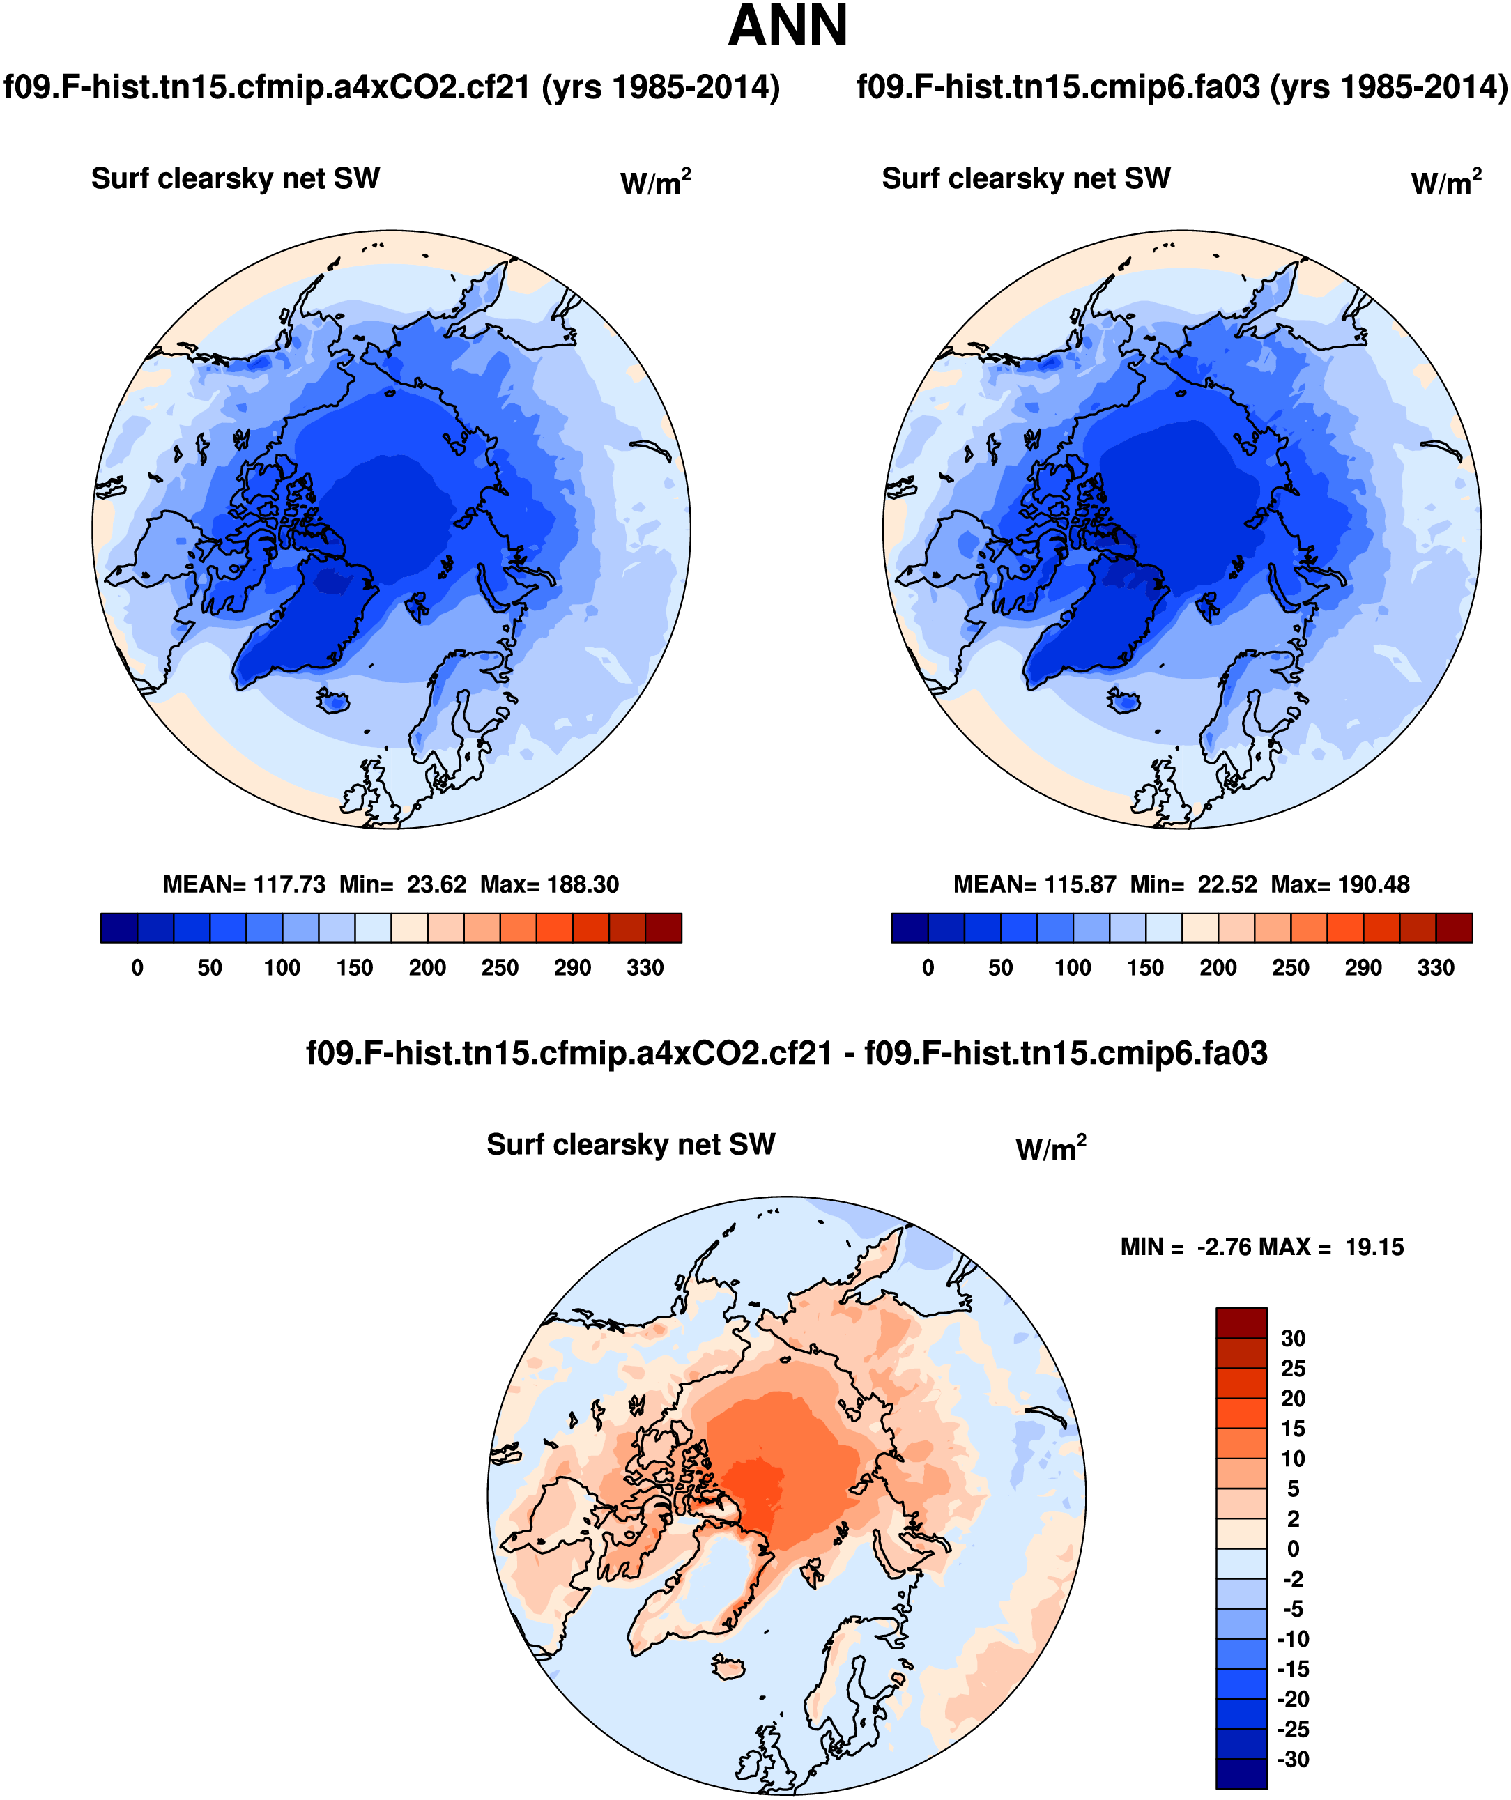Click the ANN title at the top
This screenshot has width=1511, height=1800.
tap(787, 26)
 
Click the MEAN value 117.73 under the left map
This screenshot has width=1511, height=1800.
tap(291, 884)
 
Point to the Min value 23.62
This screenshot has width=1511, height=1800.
tap(436, 884)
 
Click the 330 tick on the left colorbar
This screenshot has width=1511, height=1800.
tap(645, 968)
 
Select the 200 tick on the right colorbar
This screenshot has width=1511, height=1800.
tap(1218, 968)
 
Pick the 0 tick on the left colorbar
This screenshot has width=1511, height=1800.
tap(137, 968)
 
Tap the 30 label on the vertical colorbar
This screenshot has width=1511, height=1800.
tap(1292, 1338)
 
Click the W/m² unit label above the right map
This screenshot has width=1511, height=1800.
tap(1446, 182)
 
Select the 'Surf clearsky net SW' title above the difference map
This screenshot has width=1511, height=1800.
tap(631, 1144)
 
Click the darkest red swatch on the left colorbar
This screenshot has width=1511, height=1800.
tap(663, 928)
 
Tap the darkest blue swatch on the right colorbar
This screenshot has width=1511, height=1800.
tap(910, 928)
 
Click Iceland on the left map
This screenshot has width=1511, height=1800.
tap(333, 700)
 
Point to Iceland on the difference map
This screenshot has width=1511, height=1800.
tap(729, 1667)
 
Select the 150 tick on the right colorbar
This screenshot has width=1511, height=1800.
tap(1145, 968)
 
